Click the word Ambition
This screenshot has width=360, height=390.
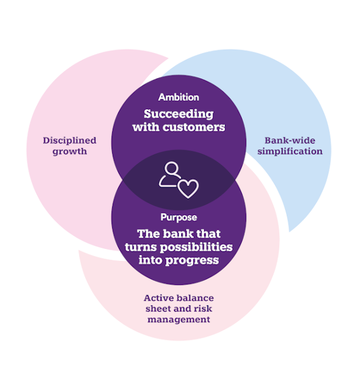pyautogui.click(x=178, y=97)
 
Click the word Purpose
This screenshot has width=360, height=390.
pyautogui.click(x=178, y=217)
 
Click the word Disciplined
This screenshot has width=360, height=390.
pyautogui.click(x=69, y=140)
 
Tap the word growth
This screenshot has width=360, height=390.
pyautogui.click(x=69, y=151)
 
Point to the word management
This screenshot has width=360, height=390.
pyautogui.click(x=179, y=320)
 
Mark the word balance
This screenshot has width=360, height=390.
pyautogui.click(x=195, y=298)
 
